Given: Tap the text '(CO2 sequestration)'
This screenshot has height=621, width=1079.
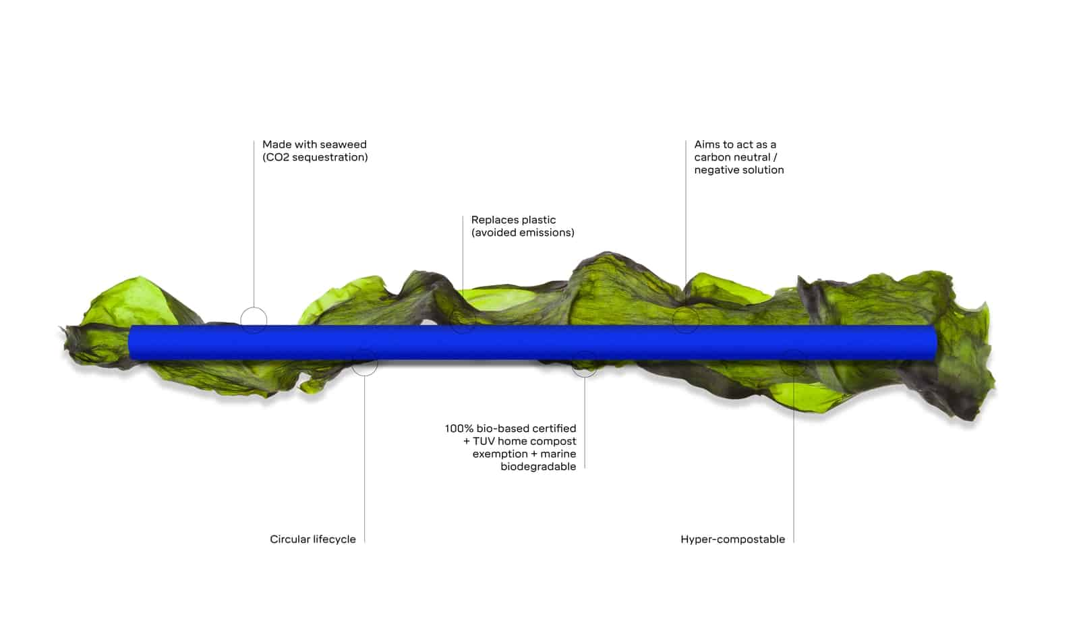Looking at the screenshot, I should point(315,157).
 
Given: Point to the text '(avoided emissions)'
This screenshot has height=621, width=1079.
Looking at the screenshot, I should point(523,233).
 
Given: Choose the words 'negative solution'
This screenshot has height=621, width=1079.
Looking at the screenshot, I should point(739,170).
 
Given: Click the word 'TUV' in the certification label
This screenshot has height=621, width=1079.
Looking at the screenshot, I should point(484,441).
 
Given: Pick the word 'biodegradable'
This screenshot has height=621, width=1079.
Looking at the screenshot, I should point(538,467).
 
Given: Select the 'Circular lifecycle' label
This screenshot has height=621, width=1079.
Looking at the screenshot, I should point(313,539).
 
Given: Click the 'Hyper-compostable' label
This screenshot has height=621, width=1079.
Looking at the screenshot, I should point(732,539).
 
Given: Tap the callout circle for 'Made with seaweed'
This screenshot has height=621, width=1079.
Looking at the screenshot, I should point(254,320).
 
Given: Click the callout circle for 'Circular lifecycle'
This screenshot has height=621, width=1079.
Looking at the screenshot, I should point(365,362).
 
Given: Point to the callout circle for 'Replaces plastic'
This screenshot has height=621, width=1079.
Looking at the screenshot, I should point(463,320).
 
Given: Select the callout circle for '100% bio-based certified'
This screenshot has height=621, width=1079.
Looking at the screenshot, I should point(585,363).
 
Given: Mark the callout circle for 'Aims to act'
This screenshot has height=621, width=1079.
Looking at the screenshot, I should point(686,320).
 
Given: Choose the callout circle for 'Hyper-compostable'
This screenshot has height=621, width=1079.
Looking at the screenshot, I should point(793,363).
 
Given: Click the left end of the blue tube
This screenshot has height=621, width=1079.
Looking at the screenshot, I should point(133,342).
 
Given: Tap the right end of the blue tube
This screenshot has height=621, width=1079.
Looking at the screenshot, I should point(933,342).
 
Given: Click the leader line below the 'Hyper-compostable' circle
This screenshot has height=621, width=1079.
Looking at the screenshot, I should point(793,459).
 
